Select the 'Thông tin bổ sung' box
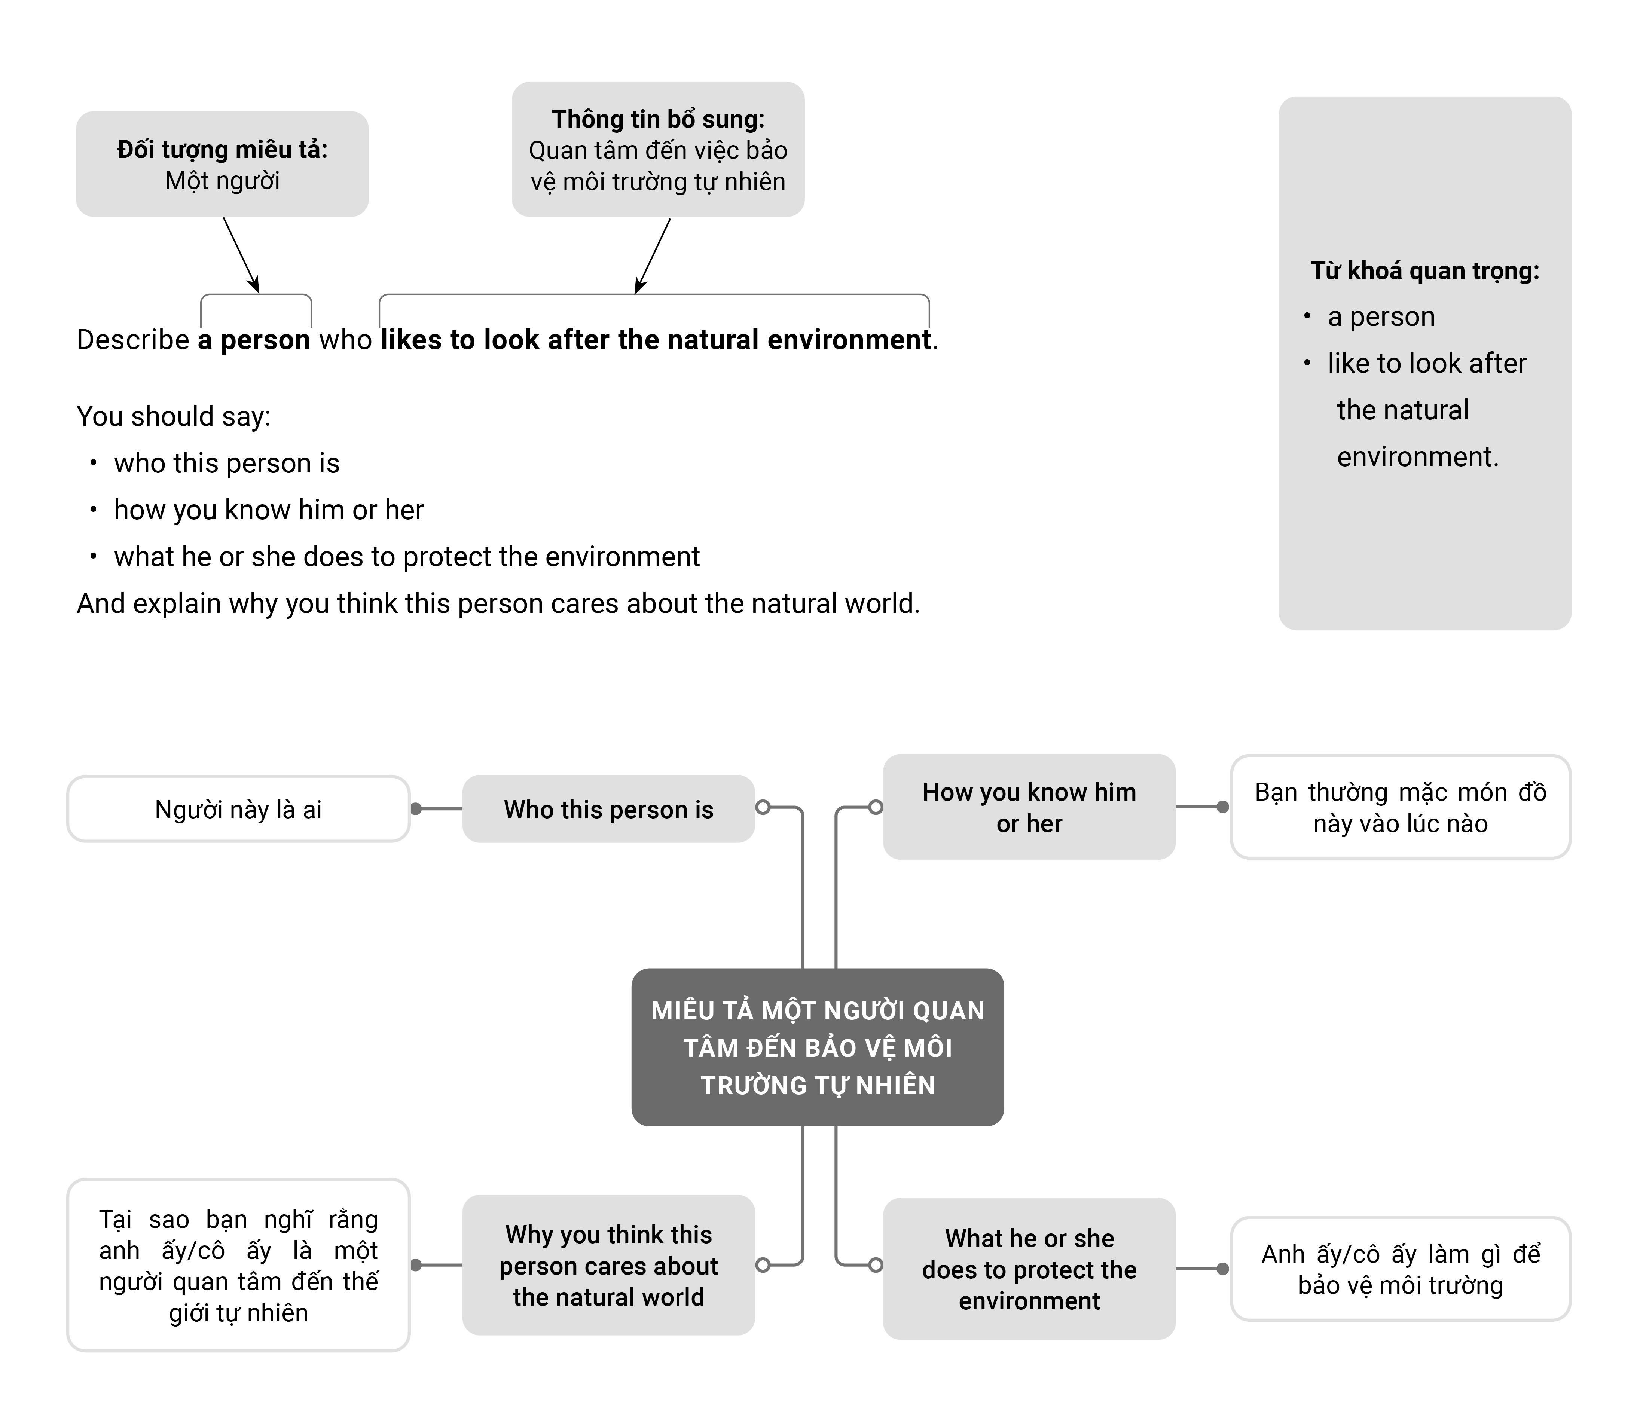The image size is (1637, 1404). click(658, 149)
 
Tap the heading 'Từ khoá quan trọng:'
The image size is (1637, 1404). click(1424, 271)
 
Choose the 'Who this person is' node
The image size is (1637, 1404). click(608, 809)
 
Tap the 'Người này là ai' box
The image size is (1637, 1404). click(239, 809)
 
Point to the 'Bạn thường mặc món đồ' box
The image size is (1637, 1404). click(1401, 807)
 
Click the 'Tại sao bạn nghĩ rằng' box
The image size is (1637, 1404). click(239, 1265)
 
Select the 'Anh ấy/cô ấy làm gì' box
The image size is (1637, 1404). click(1401, 1269)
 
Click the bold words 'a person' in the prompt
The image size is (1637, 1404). click(254, 340)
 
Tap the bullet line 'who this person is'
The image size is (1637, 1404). click(227, 463)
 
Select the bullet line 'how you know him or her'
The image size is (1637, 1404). click(269, 510)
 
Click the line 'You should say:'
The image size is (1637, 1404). click(174, 416)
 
